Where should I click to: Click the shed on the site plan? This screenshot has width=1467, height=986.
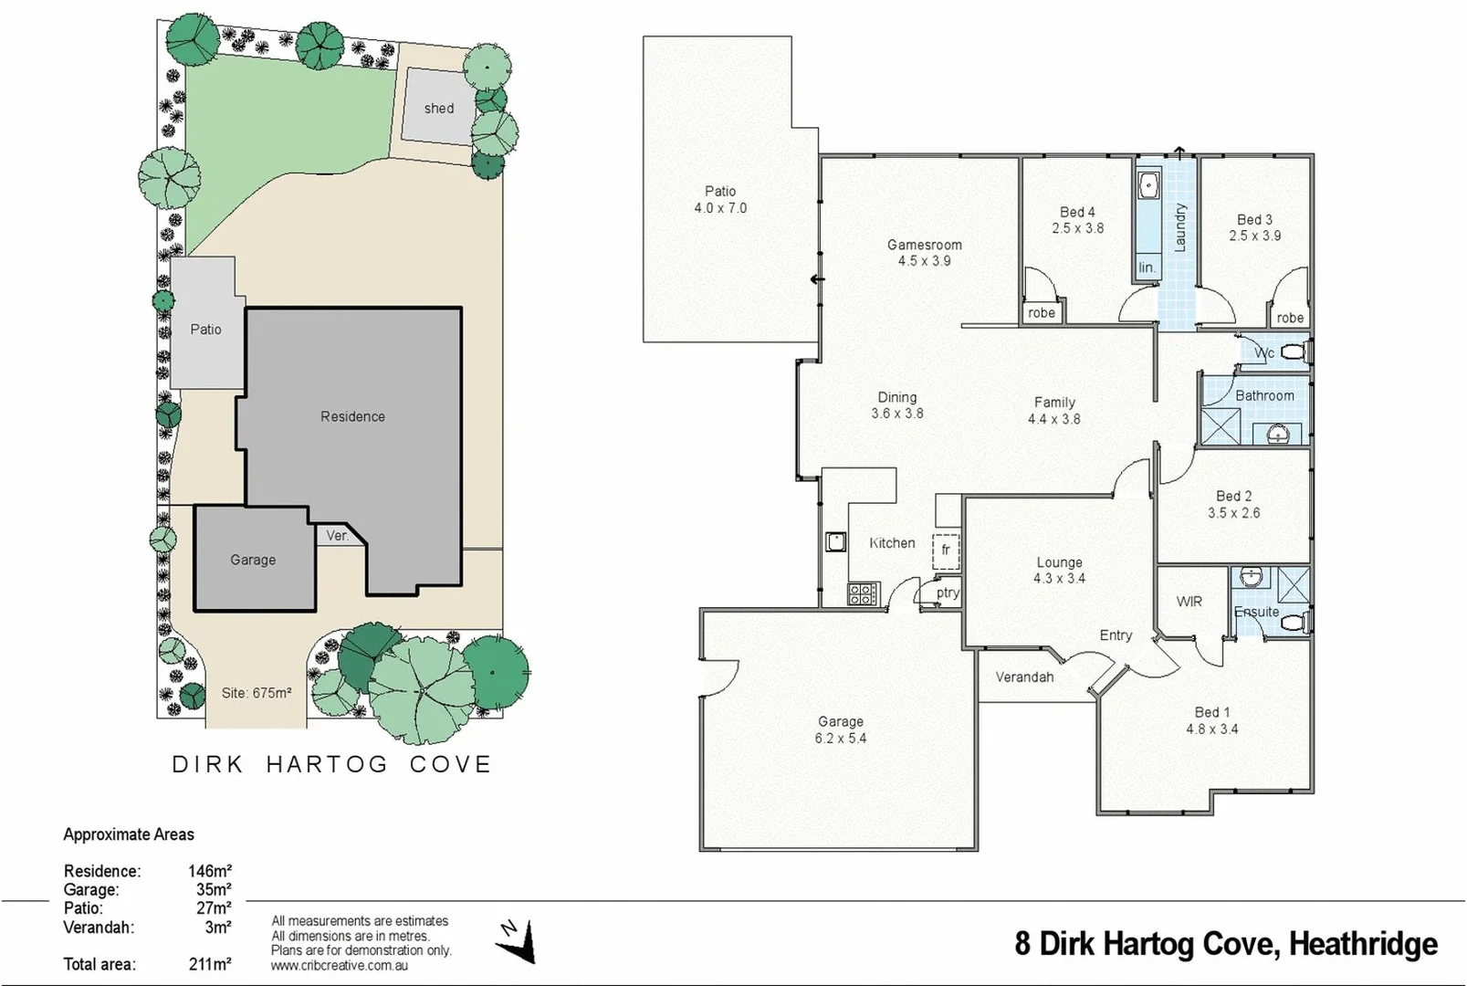pos(438,107)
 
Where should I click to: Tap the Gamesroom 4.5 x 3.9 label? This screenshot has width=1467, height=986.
pos(924,253)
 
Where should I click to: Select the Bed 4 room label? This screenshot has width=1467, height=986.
pos(1077,220)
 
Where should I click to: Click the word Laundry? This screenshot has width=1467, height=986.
pos(1179,227)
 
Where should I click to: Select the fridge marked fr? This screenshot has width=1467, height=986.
pos(946,550)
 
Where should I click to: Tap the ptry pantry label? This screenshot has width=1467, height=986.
pos(948,593)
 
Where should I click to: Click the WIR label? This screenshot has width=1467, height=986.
pos(1189,601)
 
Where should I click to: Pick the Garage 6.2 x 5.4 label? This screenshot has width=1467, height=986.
pos(840,729)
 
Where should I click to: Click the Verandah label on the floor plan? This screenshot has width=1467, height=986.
pos(1023,677)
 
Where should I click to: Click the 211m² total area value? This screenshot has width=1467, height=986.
pos(209,964)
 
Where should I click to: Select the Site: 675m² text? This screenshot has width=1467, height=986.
pos(256,693)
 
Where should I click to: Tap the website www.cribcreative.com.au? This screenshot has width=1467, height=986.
pos(339,965)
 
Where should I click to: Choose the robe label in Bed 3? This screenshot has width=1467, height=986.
pos(1289,318)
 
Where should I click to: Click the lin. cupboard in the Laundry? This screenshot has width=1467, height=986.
pos(1147,267)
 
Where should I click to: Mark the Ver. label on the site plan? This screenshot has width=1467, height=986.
pos(337,536)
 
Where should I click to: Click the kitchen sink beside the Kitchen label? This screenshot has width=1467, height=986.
pos(835,541)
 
